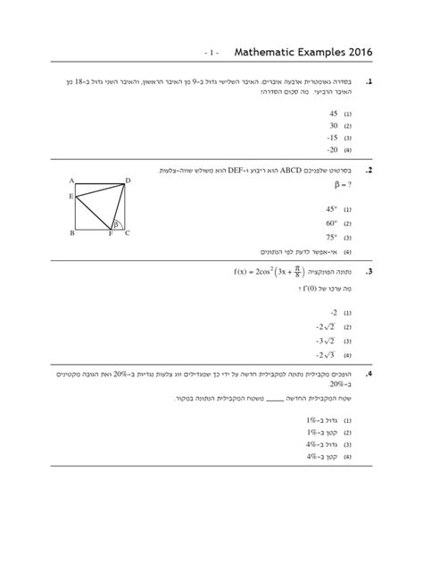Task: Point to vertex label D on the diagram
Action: [x=128, y=181]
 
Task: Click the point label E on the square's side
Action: [x=70, y=196]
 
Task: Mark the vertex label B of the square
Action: [x=71, y=233]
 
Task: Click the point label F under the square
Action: [x=110, y=234]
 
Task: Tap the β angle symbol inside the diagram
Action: [x=114, y=223]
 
